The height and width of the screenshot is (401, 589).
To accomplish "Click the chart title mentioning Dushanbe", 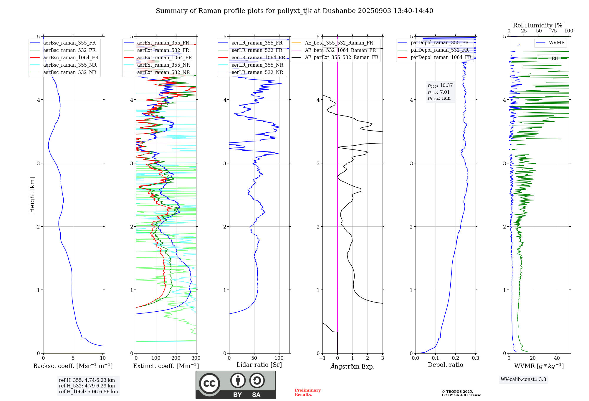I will click(x=294, y=11).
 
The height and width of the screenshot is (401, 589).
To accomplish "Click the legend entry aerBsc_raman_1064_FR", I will click(x=71, y=58).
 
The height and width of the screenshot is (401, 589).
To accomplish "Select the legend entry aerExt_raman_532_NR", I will click(x=163, y=73).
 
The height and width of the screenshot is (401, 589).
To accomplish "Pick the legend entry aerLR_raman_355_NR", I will click(x=257, y=65).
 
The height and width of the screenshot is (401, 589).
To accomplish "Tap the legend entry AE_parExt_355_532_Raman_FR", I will click(x=342, y=57).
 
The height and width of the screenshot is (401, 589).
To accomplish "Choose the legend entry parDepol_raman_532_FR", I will click(x=439, y=50).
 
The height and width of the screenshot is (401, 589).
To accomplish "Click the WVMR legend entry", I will click(x=557, y=43).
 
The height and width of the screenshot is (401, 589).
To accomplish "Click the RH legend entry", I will click(x=555, y=59).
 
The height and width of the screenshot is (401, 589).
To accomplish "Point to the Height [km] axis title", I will click(x=32, y=195).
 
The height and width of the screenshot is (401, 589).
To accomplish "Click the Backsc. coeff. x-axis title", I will click(x=73, y=366).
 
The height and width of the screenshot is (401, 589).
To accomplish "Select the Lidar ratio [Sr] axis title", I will click(x=259, y=365).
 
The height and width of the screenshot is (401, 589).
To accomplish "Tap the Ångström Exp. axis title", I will click(x=353, y=367).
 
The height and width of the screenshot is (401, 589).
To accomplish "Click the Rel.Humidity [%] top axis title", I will click(x=539, y=25).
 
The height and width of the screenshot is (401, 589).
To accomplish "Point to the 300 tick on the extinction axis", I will click(x=196, y=358).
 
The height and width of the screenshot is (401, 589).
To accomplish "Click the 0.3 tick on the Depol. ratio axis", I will click(x=475, y=358).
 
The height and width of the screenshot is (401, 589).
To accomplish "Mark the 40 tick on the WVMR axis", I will click(x=557, y=358).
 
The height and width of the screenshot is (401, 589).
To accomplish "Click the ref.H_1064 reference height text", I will click(x=88, y=392).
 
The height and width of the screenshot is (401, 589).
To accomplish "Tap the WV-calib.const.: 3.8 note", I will click(x=523, y=379).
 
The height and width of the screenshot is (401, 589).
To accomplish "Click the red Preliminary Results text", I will click(x=307, y=392).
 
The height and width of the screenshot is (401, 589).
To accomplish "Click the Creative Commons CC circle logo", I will click(x=209, y=384).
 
